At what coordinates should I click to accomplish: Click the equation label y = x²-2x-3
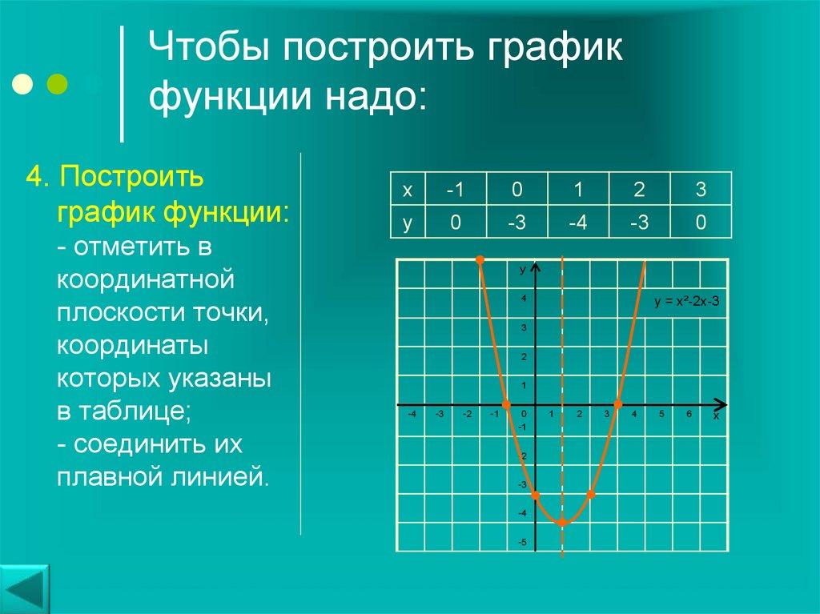tap(687, 302)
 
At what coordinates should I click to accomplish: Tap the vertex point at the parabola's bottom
tap(562, 522)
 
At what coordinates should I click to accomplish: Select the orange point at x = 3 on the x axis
tap(618, 404)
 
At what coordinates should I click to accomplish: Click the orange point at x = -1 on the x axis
tap(506, 404)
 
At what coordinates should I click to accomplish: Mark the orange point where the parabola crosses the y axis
tap(535, 496)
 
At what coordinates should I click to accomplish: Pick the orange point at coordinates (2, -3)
tap(591, 495)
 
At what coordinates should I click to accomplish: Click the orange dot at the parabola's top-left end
tap(480, 259)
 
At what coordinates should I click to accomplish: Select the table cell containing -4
tap(578, 223)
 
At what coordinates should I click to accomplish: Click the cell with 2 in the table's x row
tap(639, 190)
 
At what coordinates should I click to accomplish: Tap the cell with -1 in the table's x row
tap(456, 190)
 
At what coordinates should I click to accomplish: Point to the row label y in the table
tap(408, 223)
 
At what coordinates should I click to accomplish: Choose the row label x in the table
tap(408, 190)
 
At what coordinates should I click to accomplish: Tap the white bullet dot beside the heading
tap(24, 83)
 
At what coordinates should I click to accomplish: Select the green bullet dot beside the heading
tap(57, 83)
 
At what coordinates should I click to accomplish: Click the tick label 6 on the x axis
tap(688, 414)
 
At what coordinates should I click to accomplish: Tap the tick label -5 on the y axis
tap(521, 542)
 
